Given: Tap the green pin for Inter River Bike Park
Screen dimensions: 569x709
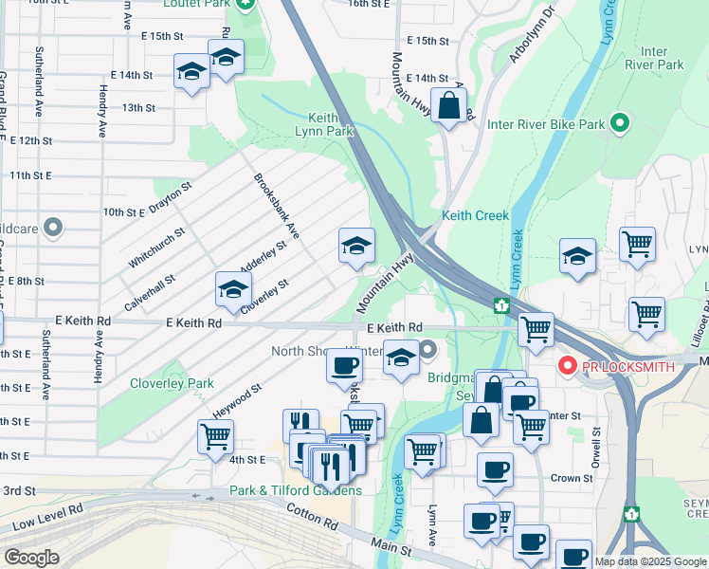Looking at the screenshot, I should [619, 124].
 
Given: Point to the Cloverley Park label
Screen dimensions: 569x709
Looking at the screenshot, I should [172, 383].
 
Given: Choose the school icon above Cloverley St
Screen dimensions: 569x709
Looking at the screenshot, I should [232, 290].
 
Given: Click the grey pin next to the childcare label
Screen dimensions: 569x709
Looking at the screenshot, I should [53, 229].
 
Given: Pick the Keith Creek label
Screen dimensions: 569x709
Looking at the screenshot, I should [475, 215].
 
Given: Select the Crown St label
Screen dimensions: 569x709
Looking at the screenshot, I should [572, 478].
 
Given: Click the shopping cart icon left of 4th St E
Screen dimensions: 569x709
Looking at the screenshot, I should [215, 437].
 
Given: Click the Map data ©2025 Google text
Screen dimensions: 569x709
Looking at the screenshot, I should [650, 561].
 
